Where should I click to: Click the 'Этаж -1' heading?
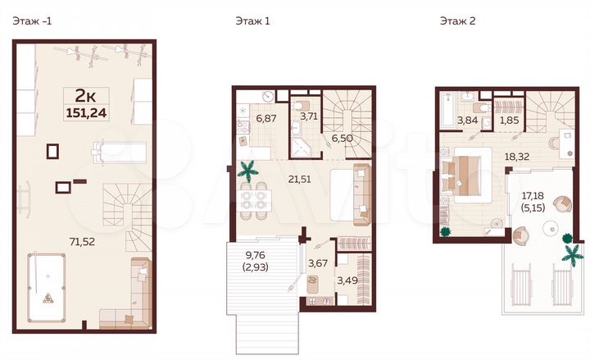click(x=30, y=22)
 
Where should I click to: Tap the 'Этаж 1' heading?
click(x=249, y=22)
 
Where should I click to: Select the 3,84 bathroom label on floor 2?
click(x=466, y=121)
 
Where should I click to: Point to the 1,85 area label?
click(x=509, y=121)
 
